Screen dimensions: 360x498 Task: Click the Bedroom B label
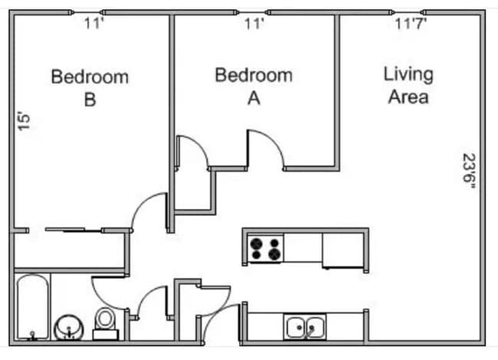coord(90,88)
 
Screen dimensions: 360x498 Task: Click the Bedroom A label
coord(253,86)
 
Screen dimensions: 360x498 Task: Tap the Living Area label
coord(408,86)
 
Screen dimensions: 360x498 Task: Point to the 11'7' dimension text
coord(411,24)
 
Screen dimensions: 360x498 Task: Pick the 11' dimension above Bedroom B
coord(93,24)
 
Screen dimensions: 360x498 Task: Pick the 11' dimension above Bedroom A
coord(254,24)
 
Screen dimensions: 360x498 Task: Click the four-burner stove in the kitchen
coord(265,249)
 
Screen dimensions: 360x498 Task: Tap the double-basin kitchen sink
coord(305,326)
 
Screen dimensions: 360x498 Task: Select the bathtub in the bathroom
coord(33,306)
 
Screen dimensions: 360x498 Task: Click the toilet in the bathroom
coord(105,321)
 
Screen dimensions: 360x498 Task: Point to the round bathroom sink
coord(70,327)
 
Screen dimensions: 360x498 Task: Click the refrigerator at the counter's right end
coord(342,250)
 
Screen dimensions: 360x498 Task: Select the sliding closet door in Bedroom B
coord(74,229)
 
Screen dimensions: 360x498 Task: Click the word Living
coord(408,74)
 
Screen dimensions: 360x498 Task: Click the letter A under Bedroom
coord(253,97)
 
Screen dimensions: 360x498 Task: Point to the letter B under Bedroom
coord(90,100)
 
